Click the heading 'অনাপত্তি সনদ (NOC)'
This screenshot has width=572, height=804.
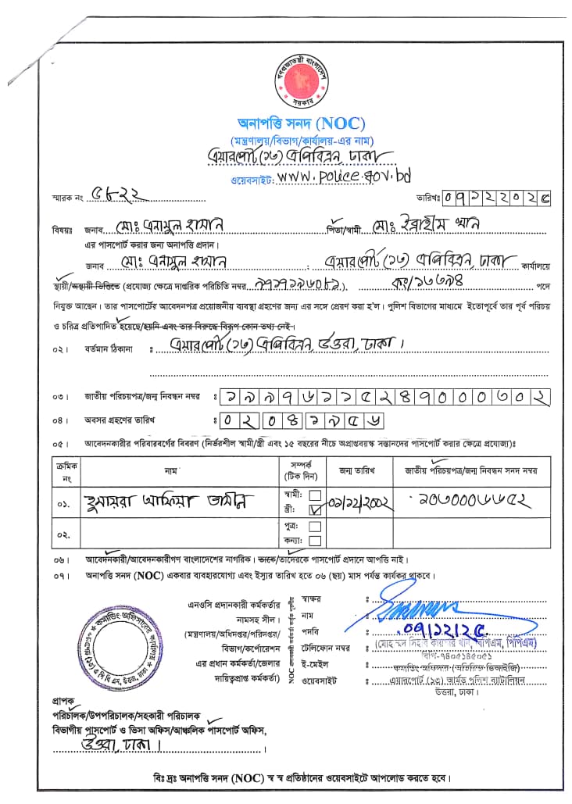click(x=302, y=123)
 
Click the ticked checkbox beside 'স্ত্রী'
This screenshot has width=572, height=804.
click(x=315, y=509)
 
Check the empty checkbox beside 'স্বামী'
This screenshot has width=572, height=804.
click(x=315, y=495)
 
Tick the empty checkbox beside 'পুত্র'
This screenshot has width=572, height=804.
click(x=315, y=527)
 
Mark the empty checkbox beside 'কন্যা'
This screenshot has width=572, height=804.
click(x=315, y=541)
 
